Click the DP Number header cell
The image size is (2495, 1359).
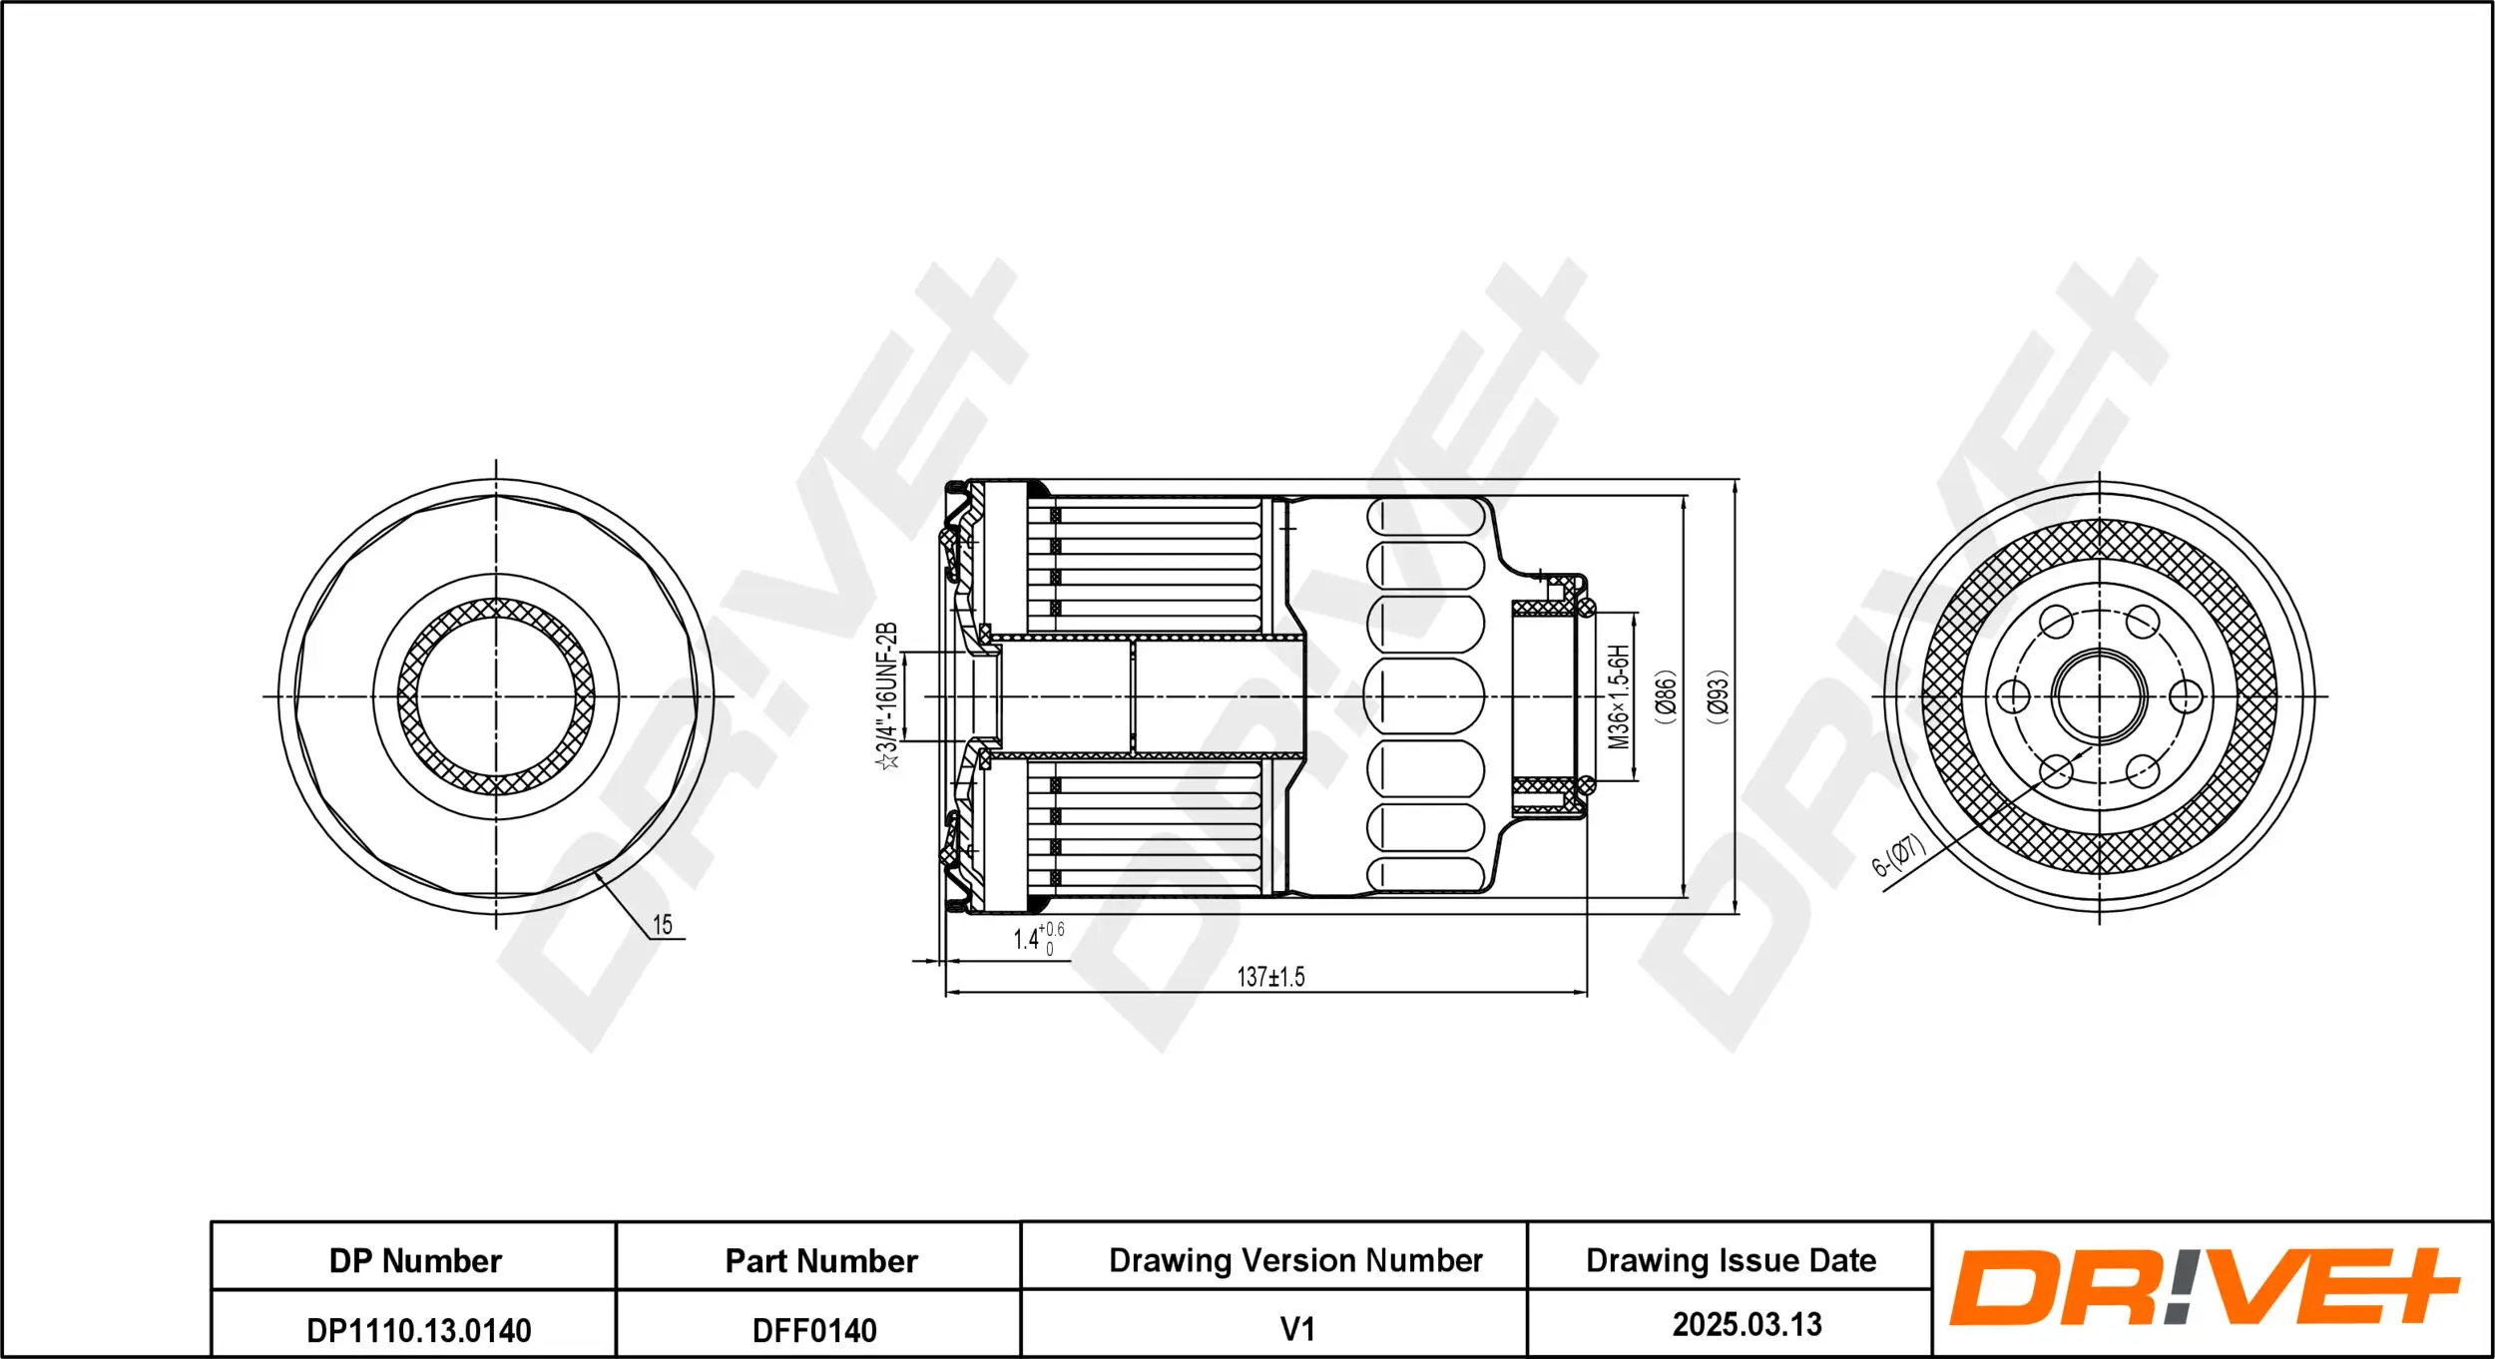[415, 1261]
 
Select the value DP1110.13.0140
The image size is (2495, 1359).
[418, 1330]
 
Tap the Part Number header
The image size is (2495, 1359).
[820, 1261]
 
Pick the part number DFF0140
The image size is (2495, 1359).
[814, 1330]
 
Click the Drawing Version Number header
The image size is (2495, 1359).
[1295, 1260]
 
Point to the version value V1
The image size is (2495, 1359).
[1296, 1329]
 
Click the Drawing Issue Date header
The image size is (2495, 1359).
[1731, 1260]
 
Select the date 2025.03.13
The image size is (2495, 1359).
[1746, 1324]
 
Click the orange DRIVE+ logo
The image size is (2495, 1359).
[2204, 1287]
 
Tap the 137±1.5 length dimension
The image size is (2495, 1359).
[1270, 977]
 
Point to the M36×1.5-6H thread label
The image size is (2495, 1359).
[1619, 695]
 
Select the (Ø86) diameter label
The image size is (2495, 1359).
[1666, 695]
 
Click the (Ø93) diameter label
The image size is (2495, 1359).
[1718, 695]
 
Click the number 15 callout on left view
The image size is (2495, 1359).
[663, 925]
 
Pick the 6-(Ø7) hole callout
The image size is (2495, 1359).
[1897, 855]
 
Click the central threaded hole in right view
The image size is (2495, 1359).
[2099, 696]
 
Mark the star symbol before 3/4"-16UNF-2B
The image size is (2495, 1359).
[887, 761]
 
